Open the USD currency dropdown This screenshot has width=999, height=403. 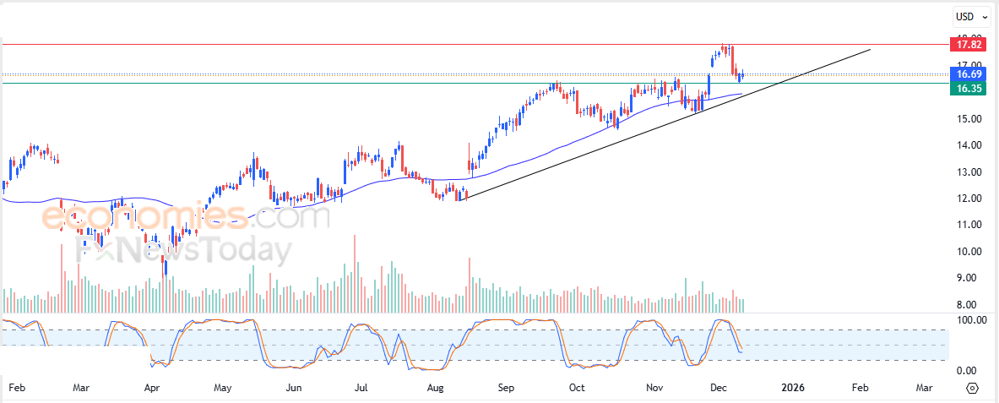click(968, 16)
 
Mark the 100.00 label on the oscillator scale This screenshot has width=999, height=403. click(967, 320)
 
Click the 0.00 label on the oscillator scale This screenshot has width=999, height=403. click(967, 371)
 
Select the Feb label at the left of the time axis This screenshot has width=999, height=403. click(16, 388)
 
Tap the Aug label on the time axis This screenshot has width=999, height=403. click(436, 388)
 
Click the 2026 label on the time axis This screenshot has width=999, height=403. click(792, 388)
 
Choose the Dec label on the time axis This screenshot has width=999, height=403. click(719, 388)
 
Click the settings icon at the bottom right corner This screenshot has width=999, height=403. click(972, 388)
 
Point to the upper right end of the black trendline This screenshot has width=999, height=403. click(870, 50)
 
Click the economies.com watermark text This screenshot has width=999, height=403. click(186, 218)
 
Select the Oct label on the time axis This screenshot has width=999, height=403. click(577, 388)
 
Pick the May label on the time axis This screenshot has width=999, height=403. click(223, 388)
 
